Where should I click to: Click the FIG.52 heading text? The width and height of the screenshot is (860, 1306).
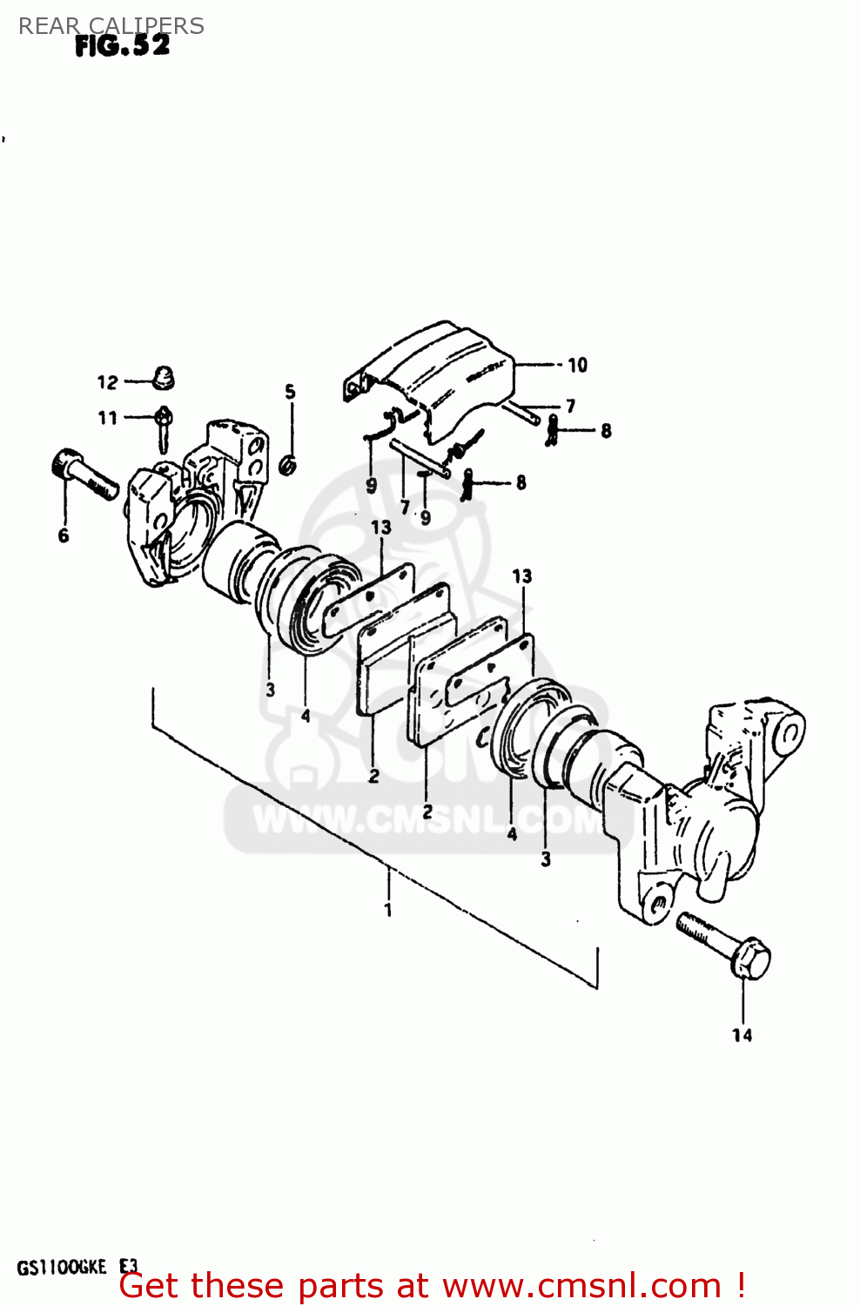(x=122, y=46)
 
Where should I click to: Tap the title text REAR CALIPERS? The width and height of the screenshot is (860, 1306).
(x=111, y=25)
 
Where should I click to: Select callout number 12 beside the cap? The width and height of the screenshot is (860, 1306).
(x=107, y=382)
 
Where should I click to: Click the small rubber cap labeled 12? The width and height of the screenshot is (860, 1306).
(x=163, y=377)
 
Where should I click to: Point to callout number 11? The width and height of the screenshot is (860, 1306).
(x=107, y=418)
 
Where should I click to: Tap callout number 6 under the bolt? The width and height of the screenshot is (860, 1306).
(x=63, y=535)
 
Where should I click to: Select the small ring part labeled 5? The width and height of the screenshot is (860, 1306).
(x=288, y=466)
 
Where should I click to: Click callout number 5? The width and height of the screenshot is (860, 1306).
(x=290, y=392)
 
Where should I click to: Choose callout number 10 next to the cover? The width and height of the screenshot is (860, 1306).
(x=577, y=365)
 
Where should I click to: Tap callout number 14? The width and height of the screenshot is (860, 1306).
(x=742, y=1034)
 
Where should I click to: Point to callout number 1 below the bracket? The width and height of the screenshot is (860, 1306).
(x=388, y=910)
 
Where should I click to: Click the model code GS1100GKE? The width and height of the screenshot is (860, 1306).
(x=61, y=1267)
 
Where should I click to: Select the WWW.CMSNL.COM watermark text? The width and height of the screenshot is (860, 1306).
(x=427, y=819)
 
